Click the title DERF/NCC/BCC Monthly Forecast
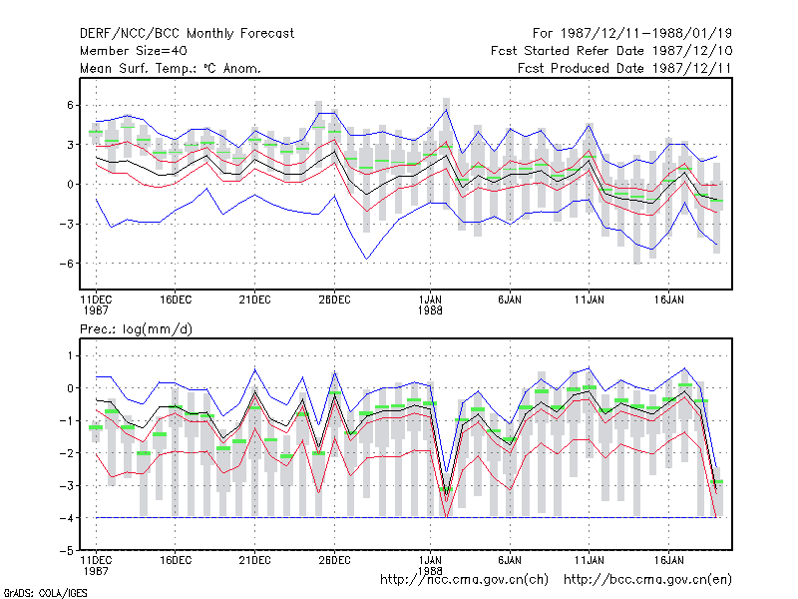187,34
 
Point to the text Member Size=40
134,51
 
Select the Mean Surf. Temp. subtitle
171,68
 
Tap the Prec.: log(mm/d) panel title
136,329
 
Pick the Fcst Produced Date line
624,68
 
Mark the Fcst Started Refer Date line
611,51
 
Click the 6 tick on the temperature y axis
70,105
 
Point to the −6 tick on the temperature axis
67,264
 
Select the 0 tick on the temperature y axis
70,185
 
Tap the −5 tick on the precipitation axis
67,551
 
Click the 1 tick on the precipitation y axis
70,355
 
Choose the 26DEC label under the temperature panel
334,300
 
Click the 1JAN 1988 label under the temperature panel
430,304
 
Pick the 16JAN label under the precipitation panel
668,560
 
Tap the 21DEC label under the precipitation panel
255,560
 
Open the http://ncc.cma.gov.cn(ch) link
464,580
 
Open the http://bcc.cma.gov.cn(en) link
647,580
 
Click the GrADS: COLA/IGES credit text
45,593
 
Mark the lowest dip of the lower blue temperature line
366,259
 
